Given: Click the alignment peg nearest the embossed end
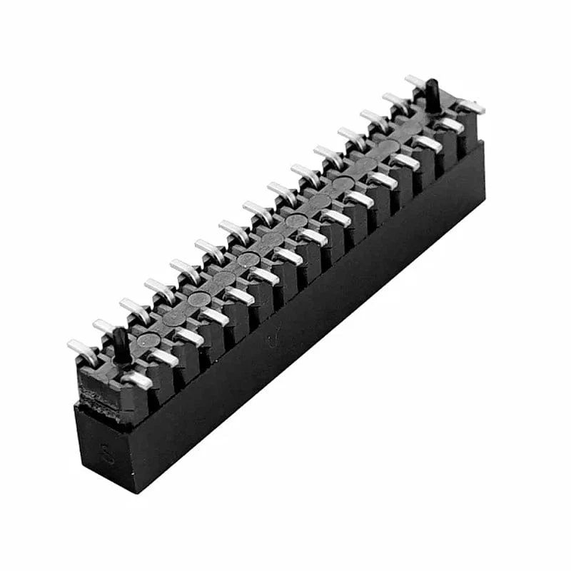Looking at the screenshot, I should click(121, 345).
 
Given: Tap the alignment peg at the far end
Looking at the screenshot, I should click(433, 96).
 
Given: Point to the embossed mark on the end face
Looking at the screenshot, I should click(106, 454).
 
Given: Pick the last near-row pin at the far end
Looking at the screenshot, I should click(471, 107).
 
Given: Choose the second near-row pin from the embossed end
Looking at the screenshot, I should click(163, 358).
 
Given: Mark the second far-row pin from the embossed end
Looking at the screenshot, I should click(106, 328).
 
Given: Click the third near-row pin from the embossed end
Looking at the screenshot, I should click(189, 336).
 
